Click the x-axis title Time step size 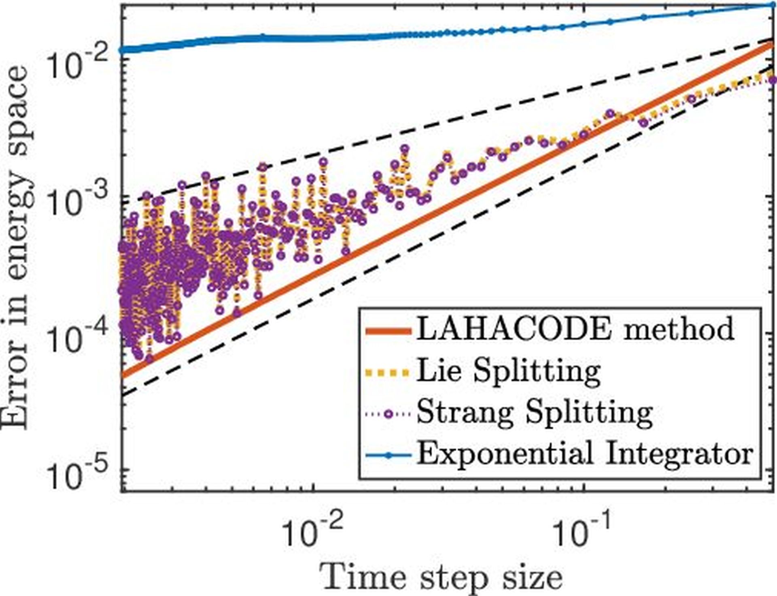441,577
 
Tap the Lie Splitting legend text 508,370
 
